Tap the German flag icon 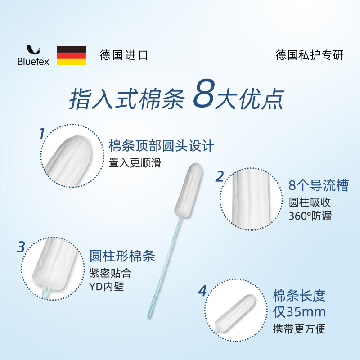click(x=71, y=55)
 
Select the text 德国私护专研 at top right click(x=309, y=55)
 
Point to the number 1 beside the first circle click(x=41, y=134)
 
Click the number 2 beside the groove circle click(x=219, y=176)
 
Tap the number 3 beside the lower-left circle click(x=21, y=247)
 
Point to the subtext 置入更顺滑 click(x=135, y=162)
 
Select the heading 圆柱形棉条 click(x=122, y=256)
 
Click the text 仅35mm click(x=299, y=312)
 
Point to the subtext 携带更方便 click(x=299, y=328)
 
